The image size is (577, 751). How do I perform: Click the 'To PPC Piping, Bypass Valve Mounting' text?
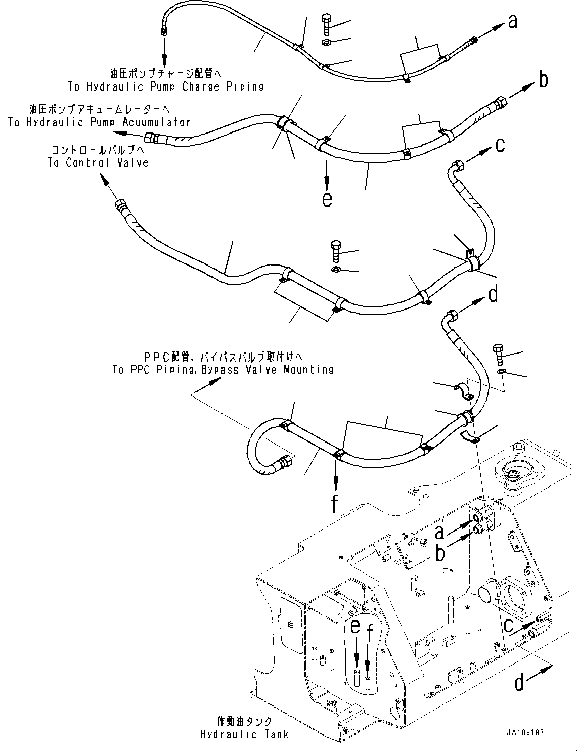(223, 370)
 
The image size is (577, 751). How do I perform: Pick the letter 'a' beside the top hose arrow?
(513, 22)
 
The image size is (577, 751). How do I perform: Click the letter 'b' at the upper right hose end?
(543, 80)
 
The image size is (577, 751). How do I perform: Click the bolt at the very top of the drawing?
(327, 25)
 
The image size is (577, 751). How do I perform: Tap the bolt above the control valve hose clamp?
(337, 250)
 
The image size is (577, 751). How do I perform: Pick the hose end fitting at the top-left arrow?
(164, 33)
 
